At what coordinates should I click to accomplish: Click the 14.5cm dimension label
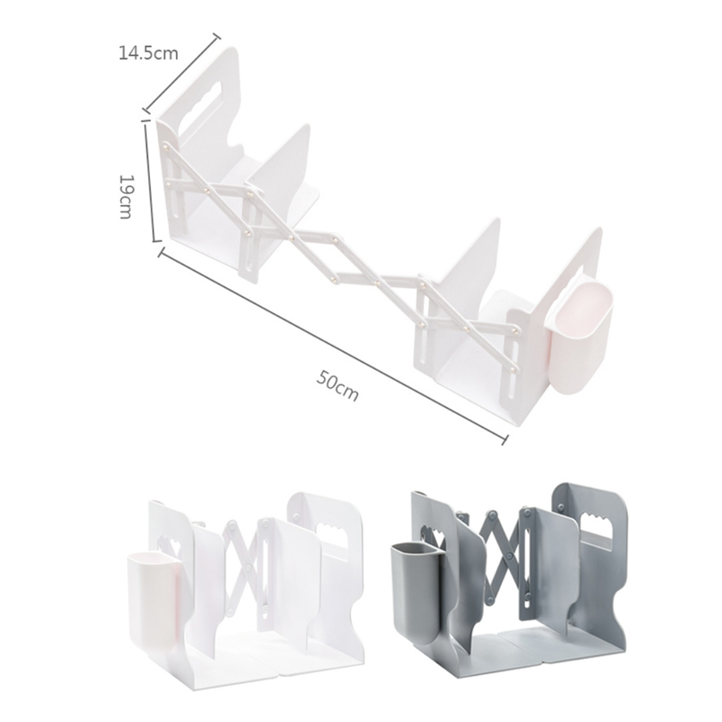tap(148, 53)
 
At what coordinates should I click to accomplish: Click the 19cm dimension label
tap(125, 197)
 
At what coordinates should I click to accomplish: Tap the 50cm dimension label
tap(337, 386)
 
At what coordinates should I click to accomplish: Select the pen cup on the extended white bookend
tap(581, 338)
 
